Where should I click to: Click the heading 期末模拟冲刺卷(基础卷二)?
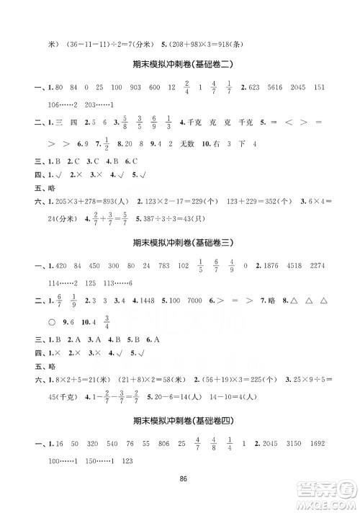click(180, 64)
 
